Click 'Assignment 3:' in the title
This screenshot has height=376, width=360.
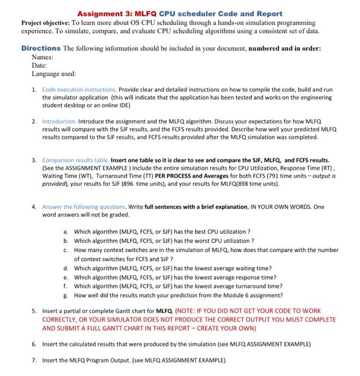coord(103,13)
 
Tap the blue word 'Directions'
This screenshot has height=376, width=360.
coord(41,48)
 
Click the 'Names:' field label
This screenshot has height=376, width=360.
coord(43,56)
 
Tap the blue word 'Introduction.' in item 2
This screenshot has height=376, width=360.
coord(61,122)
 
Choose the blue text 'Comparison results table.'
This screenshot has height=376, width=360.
coord(76,160)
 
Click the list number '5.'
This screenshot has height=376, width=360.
coord(34,311)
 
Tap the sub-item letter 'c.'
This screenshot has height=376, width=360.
coord(65,250)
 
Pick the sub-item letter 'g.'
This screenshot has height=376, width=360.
coord(65,295)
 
